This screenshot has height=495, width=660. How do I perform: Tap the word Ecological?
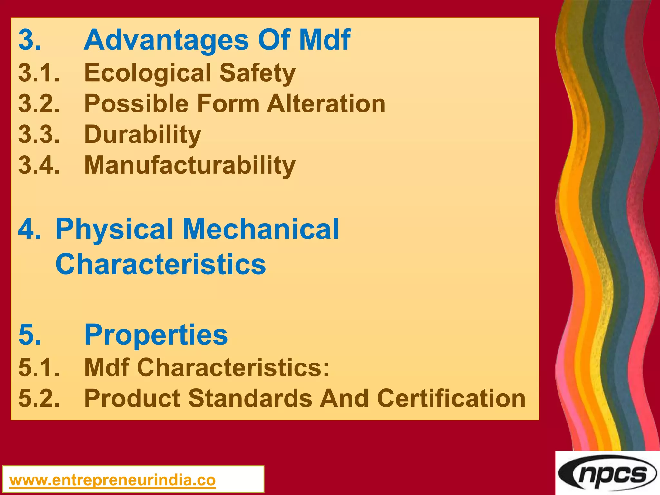148,73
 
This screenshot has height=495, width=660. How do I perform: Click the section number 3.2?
39,103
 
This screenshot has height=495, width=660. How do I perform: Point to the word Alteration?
326,103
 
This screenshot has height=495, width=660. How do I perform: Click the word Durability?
142,134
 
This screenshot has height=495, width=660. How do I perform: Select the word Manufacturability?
189,165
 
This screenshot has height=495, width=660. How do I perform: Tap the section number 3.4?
39,165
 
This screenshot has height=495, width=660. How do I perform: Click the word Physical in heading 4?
114,229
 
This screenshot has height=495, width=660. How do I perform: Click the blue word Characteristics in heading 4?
160,264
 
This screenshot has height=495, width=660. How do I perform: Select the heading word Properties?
156,335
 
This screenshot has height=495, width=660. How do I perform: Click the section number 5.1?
39,367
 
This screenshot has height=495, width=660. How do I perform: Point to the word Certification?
451,398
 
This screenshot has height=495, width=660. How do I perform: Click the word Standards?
250,398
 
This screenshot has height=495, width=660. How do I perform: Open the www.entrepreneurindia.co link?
112,480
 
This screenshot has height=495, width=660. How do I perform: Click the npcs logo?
607,474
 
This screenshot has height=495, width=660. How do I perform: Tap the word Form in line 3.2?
228,103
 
